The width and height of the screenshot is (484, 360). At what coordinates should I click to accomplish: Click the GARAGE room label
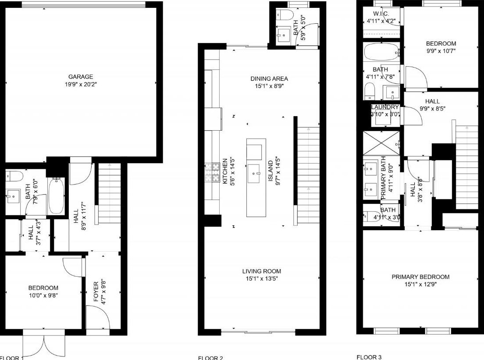coord(80,77)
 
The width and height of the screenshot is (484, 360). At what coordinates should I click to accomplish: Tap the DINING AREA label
coord(269,78)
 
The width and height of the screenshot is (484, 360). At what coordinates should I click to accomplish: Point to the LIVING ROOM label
coord(262,271)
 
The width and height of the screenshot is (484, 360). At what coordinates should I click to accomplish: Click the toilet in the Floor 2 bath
coord(285,15)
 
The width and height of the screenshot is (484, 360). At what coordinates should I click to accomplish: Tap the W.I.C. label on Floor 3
coord(381,14)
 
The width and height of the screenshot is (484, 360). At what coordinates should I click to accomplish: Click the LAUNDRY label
coord(385,107)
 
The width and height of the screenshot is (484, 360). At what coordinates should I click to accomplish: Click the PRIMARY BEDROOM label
coord(420,277)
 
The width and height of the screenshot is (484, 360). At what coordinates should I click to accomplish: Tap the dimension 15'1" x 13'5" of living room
coord(262,278)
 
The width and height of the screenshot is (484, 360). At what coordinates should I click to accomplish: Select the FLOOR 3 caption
coord(369,357)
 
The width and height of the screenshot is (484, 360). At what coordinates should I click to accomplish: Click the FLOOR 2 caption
coord(210,358)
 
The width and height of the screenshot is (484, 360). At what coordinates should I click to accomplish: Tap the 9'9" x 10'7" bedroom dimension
coord(441,51)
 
